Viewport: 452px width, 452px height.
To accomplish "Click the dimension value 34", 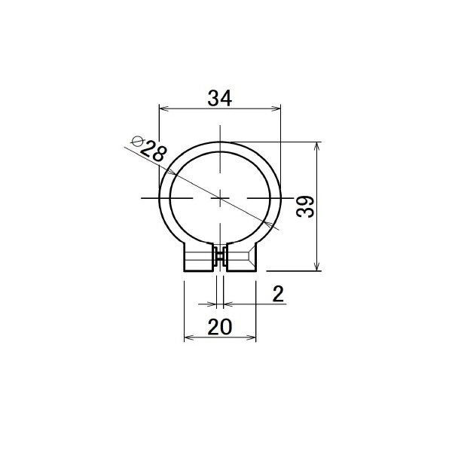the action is [x=220, y=98].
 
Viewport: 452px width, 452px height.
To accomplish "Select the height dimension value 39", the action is [x=305, y=206].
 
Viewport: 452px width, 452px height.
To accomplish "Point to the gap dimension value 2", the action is [x=278, y=294].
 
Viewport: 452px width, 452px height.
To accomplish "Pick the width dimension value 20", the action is [x=220, y=327].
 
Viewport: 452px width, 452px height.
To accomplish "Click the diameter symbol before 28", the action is [x=137, y=142].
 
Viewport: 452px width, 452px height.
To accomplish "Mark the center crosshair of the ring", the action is [x=220, y=198].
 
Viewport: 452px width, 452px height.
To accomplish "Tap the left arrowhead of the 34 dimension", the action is [x=163, y=108].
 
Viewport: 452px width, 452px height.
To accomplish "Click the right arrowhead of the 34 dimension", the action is [x=276, y=108].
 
